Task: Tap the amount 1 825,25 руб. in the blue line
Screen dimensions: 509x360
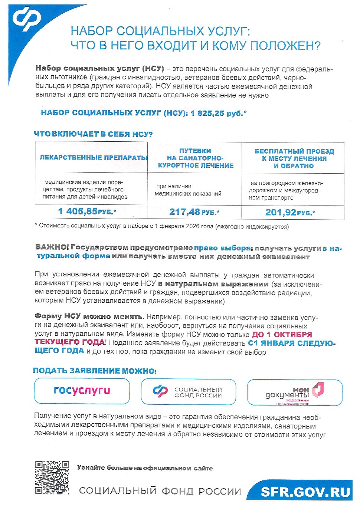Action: [x=219, y=113]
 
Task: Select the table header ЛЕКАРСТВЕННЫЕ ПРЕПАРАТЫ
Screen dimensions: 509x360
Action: [x=93, y=158]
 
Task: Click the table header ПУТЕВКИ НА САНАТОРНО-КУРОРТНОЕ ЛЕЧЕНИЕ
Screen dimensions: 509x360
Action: [x=195, y=158]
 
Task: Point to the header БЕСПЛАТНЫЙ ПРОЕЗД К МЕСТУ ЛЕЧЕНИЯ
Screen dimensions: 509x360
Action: [x=294, y=158]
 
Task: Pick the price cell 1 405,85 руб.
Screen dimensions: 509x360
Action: [x=87, y=211]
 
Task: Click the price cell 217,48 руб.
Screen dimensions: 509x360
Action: [x=194, y=212]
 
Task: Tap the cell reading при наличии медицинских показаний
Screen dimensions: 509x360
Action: [x=189, y=190]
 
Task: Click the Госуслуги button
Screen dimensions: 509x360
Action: [x=82, y=391]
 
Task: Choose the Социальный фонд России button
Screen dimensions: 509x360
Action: [x=189, y=392]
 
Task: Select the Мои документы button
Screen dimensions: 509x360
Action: [x=295, y=393]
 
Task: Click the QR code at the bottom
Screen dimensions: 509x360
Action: [x=52, y=477]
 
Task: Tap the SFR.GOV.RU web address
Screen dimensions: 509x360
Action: [x=305, y=492]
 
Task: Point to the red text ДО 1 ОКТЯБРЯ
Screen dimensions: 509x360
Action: [x=282, y=335]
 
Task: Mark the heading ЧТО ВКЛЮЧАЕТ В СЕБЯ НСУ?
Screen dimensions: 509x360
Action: [x=93, y=134]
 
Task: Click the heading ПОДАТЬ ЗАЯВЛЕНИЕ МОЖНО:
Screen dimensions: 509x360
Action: [x=95, y=371]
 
